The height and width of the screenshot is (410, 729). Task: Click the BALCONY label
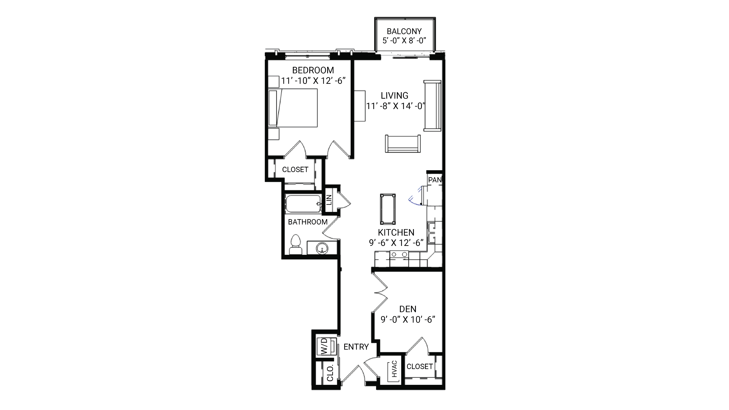tap(404, 31)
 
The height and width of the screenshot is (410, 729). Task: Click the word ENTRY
tap(356, 347)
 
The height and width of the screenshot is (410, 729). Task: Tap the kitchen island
tap(388, 209)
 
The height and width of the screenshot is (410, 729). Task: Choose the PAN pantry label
tap(435, 180)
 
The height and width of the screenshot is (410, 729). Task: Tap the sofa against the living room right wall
tap(432, 106)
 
